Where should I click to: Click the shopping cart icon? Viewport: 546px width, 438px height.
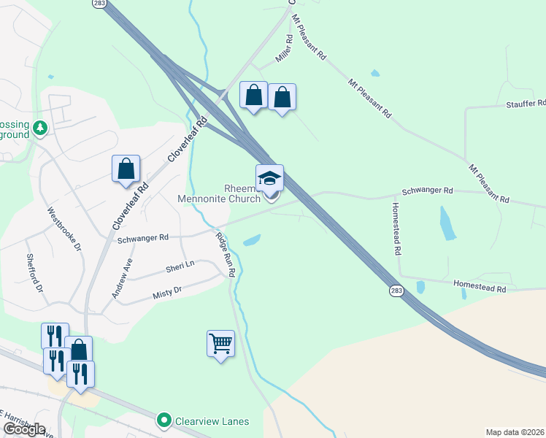[x=220, y=342]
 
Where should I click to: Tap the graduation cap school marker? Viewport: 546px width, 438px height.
[x=269, y=178]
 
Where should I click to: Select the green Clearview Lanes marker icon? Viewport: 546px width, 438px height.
[x=164, y=420]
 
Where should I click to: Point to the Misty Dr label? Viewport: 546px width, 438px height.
[x=166, y=293]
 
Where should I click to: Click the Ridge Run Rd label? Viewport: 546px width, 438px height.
[x=226, y=254]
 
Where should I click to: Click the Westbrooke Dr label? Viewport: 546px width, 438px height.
[x=64, y=229]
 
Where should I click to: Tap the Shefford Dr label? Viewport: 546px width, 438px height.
[x=34, y=273]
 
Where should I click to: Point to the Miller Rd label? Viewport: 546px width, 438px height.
[x=283, y=49]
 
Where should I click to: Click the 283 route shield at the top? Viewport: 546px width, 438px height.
[x=100, y=4]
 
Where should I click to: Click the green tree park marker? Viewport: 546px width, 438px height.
[x=40, y=129]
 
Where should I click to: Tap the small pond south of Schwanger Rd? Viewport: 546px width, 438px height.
[x=252, y=240]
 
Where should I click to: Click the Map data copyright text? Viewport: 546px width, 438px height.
[x=515, y=432]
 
